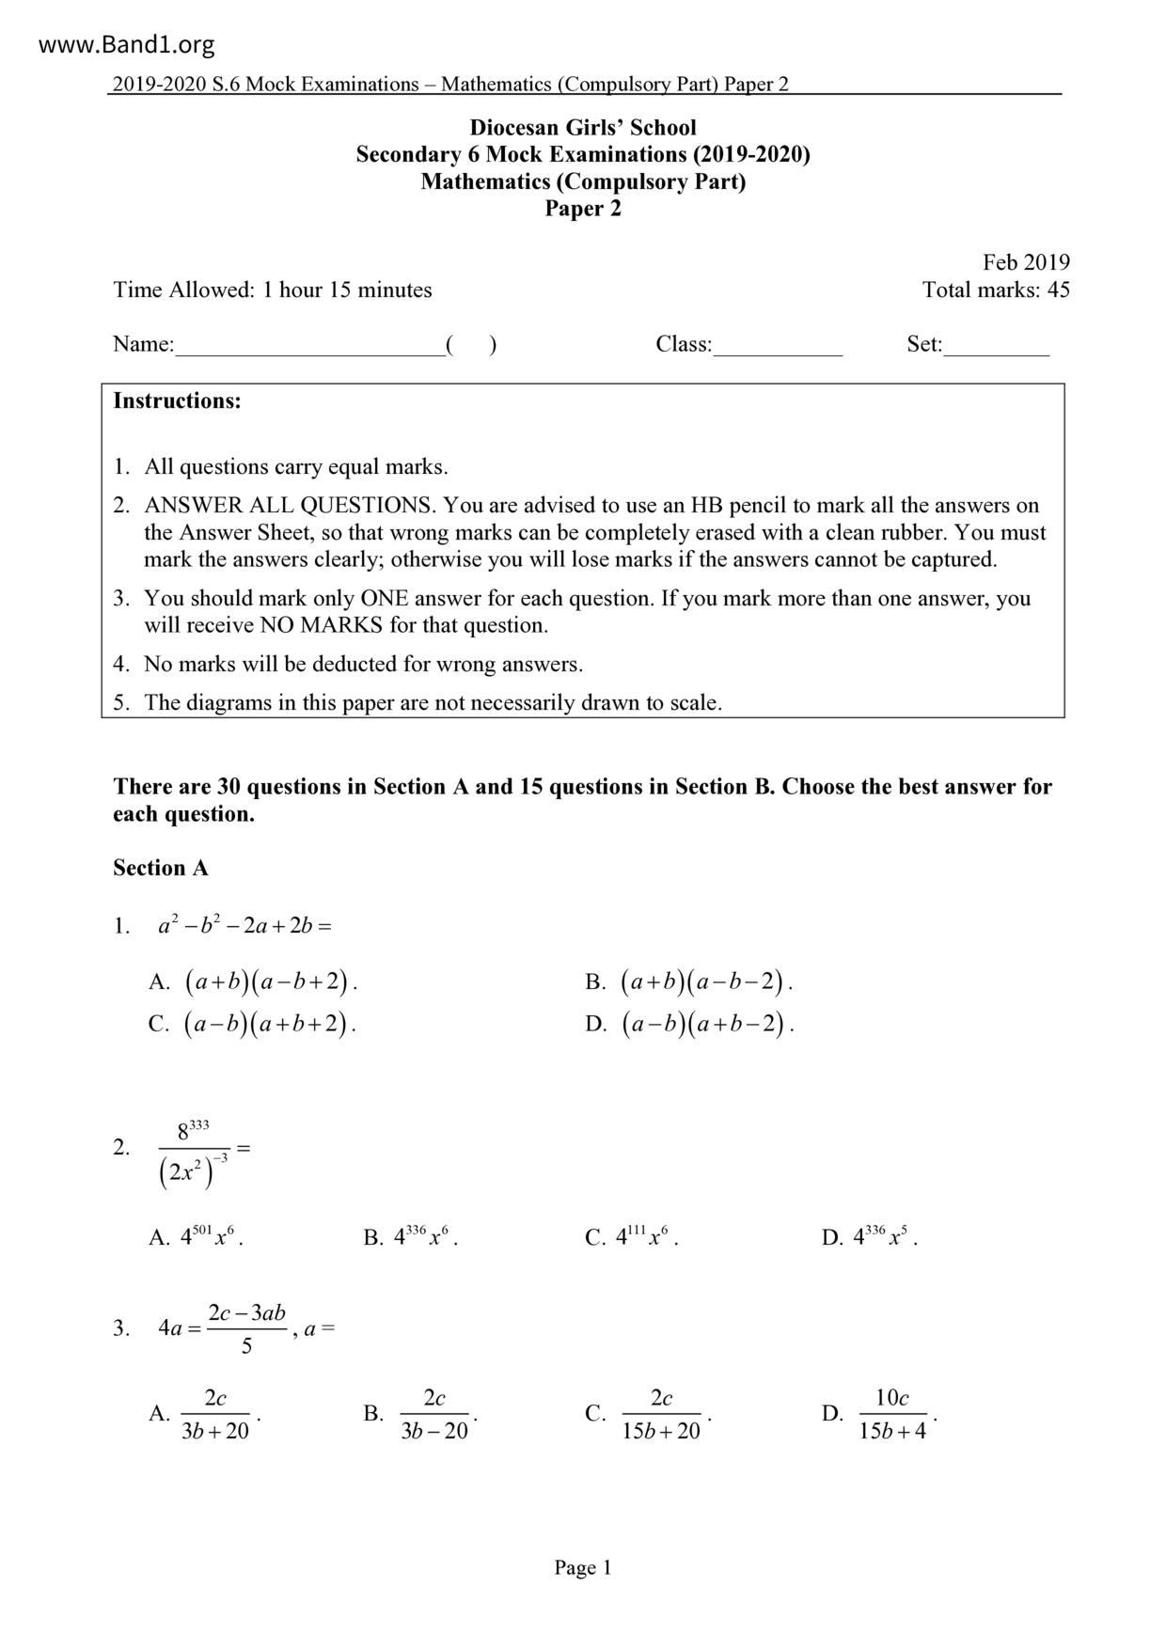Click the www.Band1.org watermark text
point(127,44)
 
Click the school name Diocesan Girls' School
point(583,128)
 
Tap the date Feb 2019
point(1026,262)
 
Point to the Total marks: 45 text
point(996,290)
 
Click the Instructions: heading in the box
point(177,401)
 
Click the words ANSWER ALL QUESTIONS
point(290,506)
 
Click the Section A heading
point(161,868)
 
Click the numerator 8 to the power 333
point(193,1128)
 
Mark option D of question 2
point(884,1237)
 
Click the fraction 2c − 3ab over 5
point(246,1328)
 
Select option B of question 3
point(433,1414)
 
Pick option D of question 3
point(891,1414)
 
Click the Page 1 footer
point(583,1567)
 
